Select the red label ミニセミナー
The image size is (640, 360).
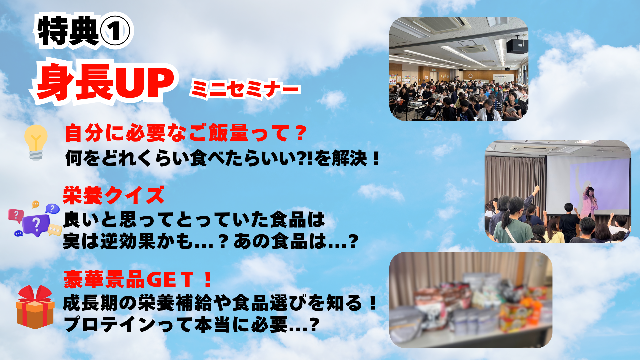[245, 89]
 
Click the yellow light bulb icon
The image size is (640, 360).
[36, 142]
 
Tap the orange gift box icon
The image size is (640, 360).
[35, 307]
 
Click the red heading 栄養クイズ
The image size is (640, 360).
[114, 195]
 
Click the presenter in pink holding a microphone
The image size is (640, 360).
[589, 202]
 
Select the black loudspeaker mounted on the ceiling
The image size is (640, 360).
[517, 46]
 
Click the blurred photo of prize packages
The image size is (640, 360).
[471, 300]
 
